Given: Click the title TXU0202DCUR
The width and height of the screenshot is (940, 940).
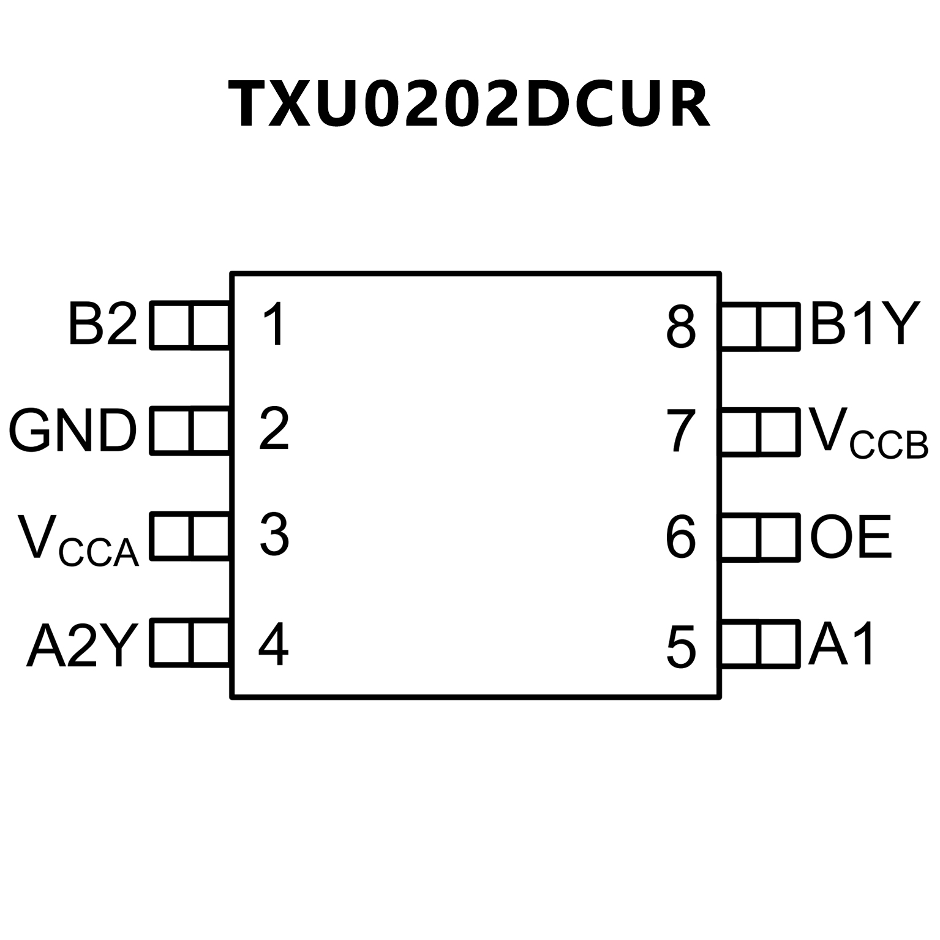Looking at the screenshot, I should [x=469, y=104].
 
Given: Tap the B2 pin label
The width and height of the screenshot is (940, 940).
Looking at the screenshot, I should [x=102, y=324].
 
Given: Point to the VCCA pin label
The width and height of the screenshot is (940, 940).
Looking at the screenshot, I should [x=78, y=539].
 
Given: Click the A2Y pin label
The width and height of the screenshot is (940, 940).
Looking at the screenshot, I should [x=82, y=645].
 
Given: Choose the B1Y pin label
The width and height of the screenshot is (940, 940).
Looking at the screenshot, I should [x=865, y=324].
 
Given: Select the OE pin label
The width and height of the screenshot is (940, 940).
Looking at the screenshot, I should [x=851, y=537].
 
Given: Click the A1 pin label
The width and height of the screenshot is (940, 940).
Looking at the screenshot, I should [x=841, y=644].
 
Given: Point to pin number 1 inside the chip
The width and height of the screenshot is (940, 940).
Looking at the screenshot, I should [x=274, y=325].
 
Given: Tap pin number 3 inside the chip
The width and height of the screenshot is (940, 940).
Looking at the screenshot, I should [x=274, y=535].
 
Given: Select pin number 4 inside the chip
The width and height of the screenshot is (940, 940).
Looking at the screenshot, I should [x=273, y=644].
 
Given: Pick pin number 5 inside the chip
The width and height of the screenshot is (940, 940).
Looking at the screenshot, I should [x=681, y=647].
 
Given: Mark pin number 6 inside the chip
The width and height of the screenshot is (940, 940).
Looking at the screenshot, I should [x=681, y=538].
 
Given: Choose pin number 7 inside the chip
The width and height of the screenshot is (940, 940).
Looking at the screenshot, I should [x=681, y=431].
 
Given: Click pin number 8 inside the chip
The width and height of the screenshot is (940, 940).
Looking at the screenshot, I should [x=681, y=327].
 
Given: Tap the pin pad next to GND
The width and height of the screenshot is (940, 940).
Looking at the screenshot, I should [x=190, y=431].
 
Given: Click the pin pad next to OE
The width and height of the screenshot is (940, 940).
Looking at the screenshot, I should [x=761, y=538].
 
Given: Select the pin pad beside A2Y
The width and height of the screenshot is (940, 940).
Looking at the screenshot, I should [x=190, y=643].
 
